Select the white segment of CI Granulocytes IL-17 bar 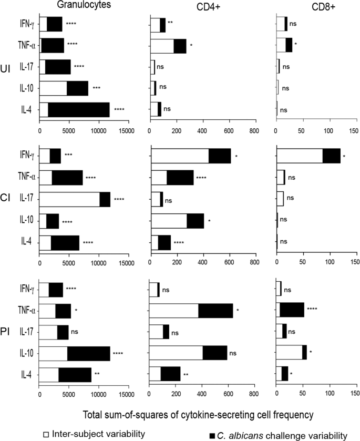69,199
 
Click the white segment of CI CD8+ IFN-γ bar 299,156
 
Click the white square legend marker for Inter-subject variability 47,434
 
